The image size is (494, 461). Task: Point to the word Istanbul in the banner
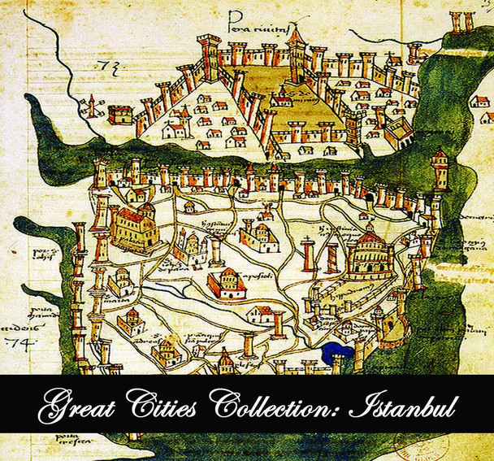pos(399,404)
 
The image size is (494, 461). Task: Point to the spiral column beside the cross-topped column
pos(331,256)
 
